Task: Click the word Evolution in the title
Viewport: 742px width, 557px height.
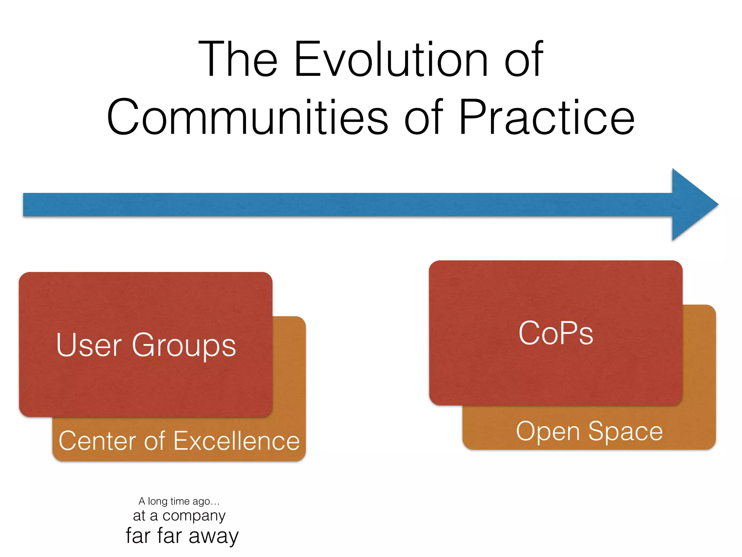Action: [391, 60]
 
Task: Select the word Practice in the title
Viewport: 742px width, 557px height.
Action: [547, 118]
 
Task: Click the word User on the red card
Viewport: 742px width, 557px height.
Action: [89, 345]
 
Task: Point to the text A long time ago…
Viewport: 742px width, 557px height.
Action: [179, 501]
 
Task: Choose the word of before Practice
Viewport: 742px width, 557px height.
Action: [424, 118]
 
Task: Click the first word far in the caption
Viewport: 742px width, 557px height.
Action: [138, 536]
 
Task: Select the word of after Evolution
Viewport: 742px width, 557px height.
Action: [524, 60]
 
